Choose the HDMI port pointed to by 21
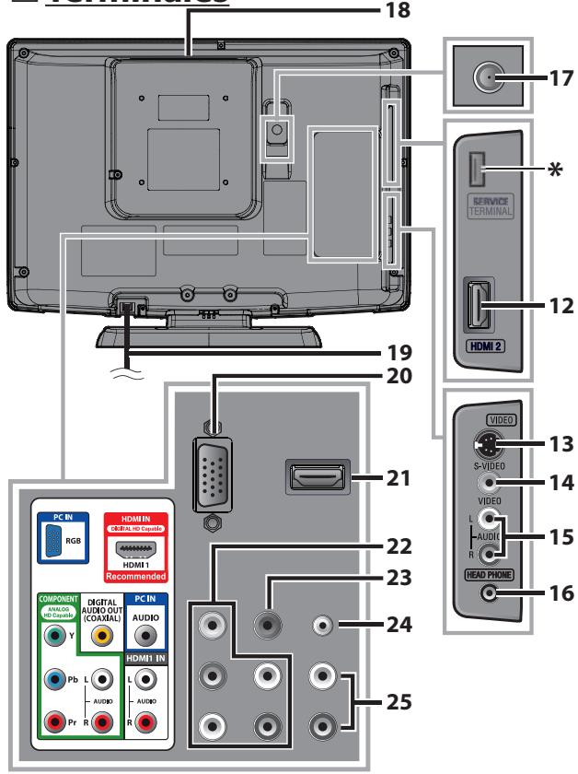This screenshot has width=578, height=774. [315, 477]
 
